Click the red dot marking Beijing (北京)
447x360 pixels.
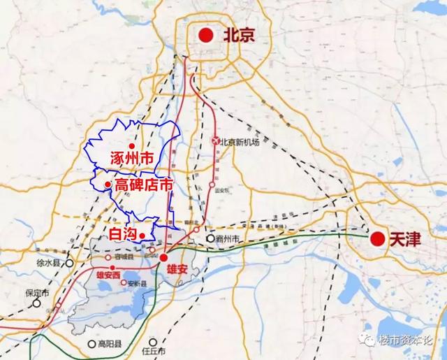point(205,34)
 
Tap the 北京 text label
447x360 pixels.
point(235,34)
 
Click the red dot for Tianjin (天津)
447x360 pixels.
point(378,238)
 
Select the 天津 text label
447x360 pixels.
point(406,239)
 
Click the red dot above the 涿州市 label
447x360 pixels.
point(131,145)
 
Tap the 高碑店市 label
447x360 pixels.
point(144,185)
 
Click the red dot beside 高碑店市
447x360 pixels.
point(107,185)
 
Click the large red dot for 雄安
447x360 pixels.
point(163,257)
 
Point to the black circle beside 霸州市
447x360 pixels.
point(210,238)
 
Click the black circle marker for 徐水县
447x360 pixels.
point(69,263)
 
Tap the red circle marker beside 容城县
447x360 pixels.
point(107,257)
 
